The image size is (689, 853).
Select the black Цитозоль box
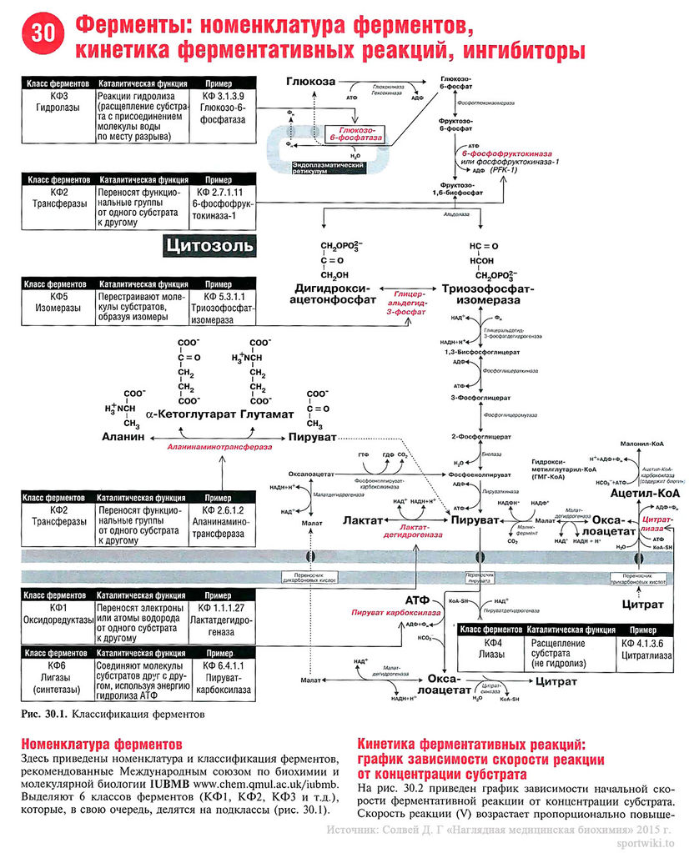point(210,246)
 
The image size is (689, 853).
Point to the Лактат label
point(362,519)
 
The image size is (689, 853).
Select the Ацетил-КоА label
point(646,494)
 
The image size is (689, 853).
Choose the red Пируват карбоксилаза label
point(390,613)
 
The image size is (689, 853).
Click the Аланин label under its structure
point(123,436)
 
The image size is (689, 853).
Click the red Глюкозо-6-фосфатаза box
point(351,133)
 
